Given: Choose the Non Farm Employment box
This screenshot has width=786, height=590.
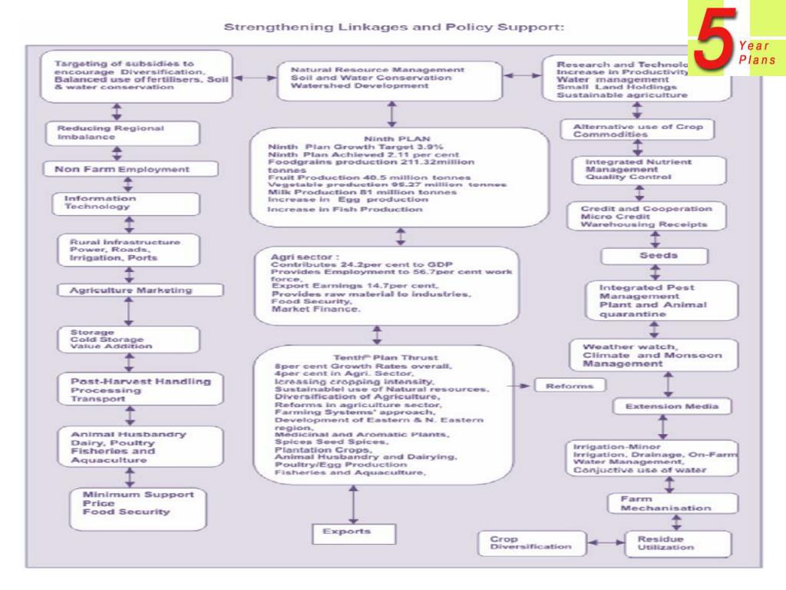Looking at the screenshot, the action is click(x=122, y=169).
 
